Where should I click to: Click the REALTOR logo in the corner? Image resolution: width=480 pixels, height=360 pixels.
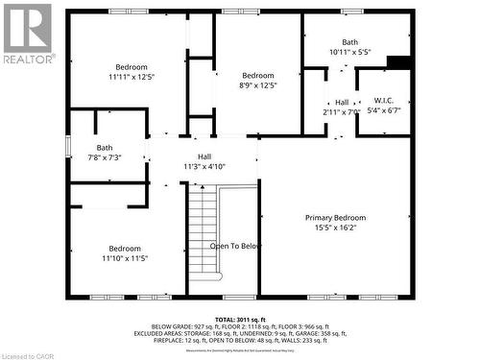click(27, 33)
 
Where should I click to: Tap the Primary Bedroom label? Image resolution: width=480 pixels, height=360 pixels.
click(335, 218)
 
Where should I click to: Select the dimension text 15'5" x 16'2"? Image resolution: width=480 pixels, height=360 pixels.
click(335, 228)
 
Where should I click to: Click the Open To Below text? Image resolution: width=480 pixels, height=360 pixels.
click(235, 246)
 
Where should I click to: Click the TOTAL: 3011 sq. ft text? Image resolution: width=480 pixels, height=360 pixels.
click(240, 318)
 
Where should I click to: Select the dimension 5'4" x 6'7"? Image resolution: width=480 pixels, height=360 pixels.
click(384, 110)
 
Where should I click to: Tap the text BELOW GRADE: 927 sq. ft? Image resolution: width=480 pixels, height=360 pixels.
click(175, 325)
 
